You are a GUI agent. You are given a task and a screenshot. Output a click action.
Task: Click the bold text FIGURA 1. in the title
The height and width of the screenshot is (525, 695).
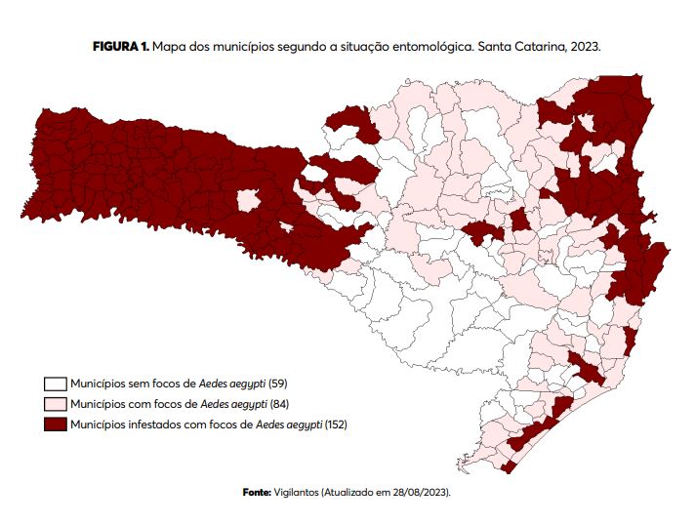[x=121, y=47]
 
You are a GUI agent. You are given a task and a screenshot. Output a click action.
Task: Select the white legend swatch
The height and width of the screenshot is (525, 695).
[x=54, y=384]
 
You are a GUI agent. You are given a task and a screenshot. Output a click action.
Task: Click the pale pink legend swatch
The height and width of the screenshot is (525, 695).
[x=54, y=404]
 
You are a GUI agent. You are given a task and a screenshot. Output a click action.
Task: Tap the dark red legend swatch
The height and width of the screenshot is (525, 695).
[x=54, y=424]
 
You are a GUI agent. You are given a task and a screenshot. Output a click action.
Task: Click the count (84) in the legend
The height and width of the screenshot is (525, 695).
[x=279, y=404]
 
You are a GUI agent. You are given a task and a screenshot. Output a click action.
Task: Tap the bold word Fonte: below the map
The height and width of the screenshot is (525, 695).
[x=257, y=492]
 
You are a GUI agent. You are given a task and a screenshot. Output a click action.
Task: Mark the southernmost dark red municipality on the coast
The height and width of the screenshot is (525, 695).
[x=508, y=466]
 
